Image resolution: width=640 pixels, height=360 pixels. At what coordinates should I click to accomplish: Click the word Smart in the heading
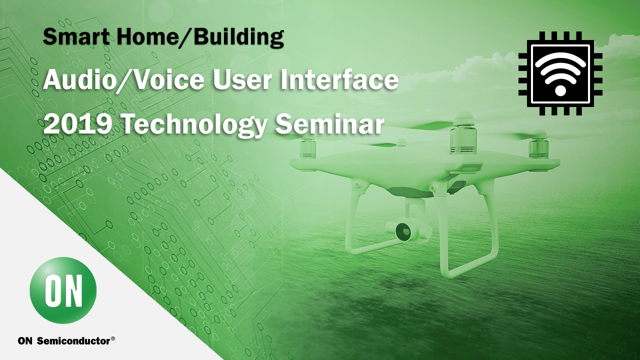[76, 36]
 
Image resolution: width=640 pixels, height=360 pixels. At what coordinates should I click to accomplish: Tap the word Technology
[195, 125]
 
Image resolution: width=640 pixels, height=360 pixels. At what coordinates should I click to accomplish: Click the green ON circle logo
[63, 290]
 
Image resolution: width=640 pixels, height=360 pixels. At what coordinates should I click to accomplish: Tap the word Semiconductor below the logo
[73, 341]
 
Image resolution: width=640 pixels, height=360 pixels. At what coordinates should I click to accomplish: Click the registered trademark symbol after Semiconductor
[113, 339]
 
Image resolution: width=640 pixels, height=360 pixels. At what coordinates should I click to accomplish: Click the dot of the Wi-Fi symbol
[560, 91]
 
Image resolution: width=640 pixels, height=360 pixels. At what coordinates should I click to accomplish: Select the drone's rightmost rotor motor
[538, 145]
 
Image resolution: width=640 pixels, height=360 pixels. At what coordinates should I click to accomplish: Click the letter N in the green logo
[72, 290]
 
